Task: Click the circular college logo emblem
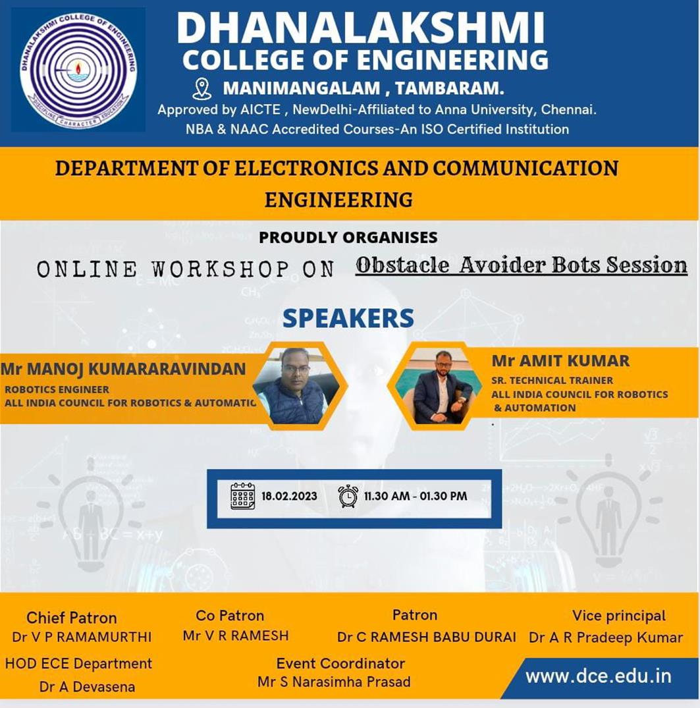point(78,70)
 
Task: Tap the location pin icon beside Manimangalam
point(202,89)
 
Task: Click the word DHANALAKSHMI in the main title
point(360,28)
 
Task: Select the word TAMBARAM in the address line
point(449,88)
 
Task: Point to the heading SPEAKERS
point(348,318)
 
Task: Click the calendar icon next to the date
point(242,496)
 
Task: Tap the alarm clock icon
point(348,496)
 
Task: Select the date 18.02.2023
point(289,496)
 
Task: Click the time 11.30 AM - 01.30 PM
point(416,496)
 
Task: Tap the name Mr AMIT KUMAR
point(560,361)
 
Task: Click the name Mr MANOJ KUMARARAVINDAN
point(123,369)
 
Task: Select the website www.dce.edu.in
point(599,676)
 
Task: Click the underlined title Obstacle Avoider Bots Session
point(522,265)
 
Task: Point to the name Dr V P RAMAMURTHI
point(82,637)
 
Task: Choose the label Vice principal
point(619,616)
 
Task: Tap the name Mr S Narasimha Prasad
point(334,682)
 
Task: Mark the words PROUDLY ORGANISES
point(348,238)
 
